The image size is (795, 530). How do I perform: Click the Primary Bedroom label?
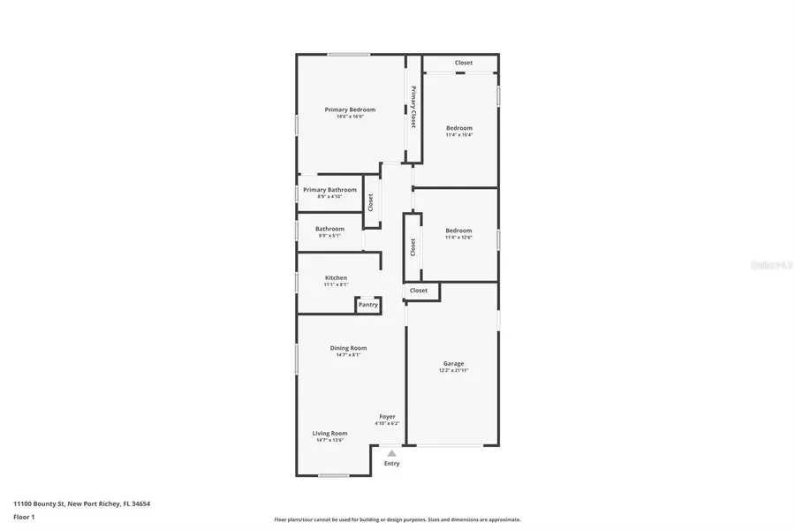350,110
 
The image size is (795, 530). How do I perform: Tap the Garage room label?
453,364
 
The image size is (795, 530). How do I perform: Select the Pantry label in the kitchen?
368,305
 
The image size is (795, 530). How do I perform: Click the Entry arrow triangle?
391,453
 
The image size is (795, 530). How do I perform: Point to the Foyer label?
387,416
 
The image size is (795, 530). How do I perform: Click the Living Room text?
329,433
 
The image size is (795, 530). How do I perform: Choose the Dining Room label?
348,348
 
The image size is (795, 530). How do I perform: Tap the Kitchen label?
336,278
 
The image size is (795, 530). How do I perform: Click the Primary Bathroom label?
329,190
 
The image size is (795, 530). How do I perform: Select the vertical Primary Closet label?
413,107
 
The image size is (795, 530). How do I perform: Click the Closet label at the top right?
464,63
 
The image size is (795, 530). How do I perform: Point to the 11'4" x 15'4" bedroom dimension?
458,135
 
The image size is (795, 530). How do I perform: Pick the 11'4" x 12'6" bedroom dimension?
458,238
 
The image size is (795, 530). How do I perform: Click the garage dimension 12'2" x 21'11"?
454,371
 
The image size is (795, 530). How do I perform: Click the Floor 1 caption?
24,517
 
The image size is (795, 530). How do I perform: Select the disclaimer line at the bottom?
397,519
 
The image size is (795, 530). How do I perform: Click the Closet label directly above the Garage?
419,290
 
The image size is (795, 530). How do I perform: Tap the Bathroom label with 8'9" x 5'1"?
329,229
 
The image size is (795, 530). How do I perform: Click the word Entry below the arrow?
391,464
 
